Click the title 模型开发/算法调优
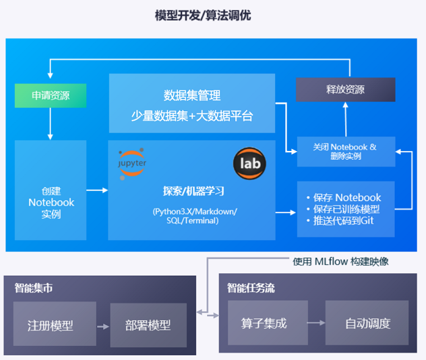click(202, 15)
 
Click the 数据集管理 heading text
click(192, 95)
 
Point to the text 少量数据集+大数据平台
click(192, 116)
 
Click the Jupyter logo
click(132, 161)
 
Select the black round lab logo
click(249, 162)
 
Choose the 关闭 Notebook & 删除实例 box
click(346, 151)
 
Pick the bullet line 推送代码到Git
click(343, 220)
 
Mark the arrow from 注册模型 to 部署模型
click(102, 326)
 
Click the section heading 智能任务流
click(251, 289)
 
